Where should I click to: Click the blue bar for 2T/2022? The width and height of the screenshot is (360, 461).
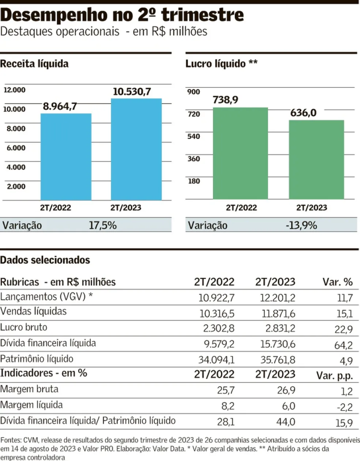click(x=66, y=157)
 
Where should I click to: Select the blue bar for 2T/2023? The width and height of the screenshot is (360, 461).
click(x=136, y=149)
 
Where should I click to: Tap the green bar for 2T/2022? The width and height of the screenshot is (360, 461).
click(x=240, y=154)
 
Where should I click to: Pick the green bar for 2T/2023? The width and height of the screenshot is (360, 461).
click(x=316, y=160)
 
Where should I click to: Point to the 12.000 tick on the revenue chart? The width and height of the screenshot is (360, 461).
click(x=15, y=90)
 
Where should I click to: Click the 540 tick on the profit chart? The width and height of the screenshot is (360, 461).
click(x=193, y=136)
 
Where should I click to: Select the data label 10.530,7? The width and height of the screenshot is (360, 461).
click(x=131, y=92)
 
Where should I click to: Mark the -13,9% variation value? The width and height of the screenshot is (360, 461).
click(x=301, y=225)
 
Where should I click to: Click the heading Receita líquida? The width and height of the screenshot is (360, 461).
click(x=34, y=64)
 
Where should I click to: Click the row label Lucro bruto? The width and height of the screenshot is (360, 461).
click(x=24, y=327)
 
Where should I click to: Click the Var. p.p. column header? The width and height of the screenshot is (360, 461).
click(x=337, y=375)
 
